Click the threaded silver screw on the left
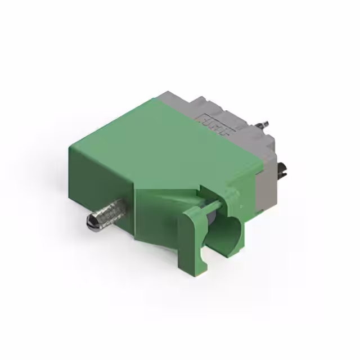click(x=110, y=213)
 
